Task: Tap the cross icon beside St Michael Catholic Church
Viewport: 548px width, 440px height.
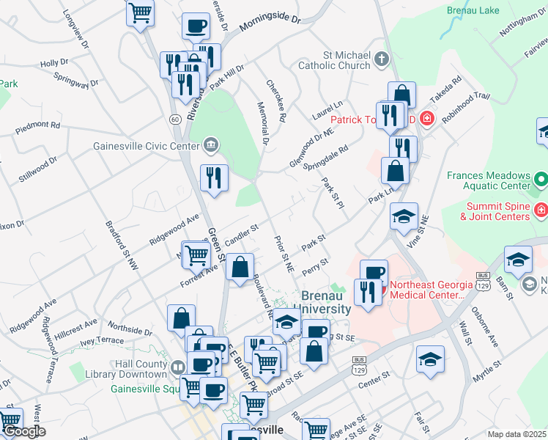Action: (x=381, y=59)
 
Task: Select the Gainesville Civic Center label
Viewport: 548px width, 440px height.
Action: (x=146, y=144)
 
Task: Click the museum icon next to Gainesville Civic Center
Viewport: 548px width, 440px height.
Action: (x=210, y=144)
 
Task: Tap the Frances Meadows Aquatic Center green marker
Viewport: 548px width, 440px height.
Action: (x=540, y=179)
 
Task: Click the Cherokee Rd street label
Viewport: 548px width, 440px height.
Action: (x=276, y=101)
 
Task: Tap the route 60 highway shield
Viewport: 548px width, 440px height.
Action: (x=174, y=118)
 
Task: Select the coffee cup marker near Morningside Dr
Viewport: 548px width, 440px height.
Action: (x=196, y=27)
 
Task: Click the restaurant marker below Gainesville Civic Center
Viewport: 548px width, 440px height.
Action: (x=214, y=177)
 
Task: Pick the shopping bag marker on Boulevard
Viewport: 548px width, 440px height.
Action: (x=240, y=268)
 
